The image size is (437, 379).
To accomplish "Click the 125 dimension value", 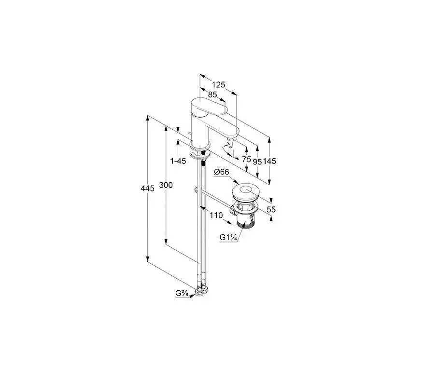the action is (x=218, y=84).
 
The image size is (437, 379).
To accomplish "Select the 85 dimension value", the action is (x=212, y=95).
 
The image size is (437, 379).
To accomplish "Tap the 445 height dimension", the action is (x=147, y=189).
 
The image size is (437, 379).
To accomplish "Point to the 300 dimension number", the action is (x=166, y=185).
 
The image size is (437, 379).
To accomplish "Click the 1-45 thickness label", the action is (x=178, y=161).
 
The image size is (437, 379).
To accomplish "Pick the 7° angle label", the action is (x=228, y=146).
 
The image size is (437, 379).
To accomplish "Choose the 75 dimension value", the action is (x=246, y=160).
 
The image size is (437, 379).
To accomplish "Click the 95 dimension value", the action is (x=257, y=162).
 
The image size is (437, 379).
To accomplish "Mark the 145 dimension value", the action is (x=269, y=161).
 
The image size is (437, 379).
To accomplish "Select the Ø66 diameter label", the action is (x=222, y=172).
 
